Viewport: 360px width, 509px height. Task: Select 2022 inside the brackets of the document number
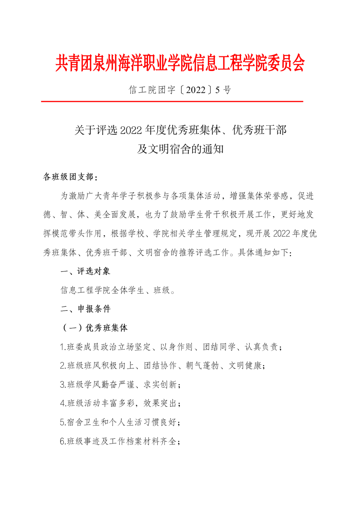coord(195,90)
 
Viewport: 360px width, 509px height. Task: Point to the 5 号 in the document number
coord(223,90)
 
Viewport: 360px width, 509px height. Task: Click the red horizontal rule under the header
coord(172,102)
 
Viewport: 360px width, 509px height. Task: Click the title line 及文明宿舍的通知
coord(180,149)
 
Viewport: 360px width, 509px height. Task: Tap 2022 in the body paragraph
coord(282,234)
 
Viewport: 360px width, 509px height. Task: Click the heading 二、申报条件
coord(85,309)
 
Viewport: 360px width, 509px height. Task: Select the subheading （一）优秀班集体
coord(95,328)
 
